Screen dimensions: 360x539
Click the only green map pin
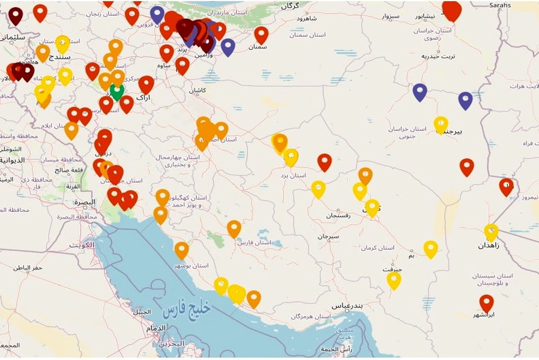pos(117,91)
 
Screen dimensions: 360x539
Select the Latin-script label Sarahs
pos(500,5)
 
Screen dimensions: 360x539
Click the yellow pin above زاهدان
pos(491,232)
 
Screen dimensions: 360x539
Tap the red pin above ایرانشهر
pos(486,303)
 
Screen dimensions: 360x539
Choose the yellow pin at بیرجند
pos(441,124)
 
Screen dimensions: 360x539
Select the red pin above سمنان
pos(261,34)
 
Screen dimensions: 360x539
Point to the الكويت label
pos(83,245)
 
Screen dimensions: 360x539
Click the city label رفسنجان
pos(339,216)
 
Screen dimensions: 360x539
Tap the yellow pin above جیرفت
pos(393,280)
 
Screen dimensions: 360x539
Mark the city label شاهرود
pos(307,18)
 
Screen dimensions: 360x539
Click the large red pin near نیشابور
pos(451,9)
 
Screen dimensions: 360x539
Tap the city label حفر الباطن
pos(27,268)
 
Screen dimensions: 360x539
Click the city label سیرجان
pos(327,236)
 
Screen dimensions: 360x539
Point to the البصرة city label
pos(85,202)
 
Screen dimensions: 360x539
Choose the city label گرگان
pos(290,6)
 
